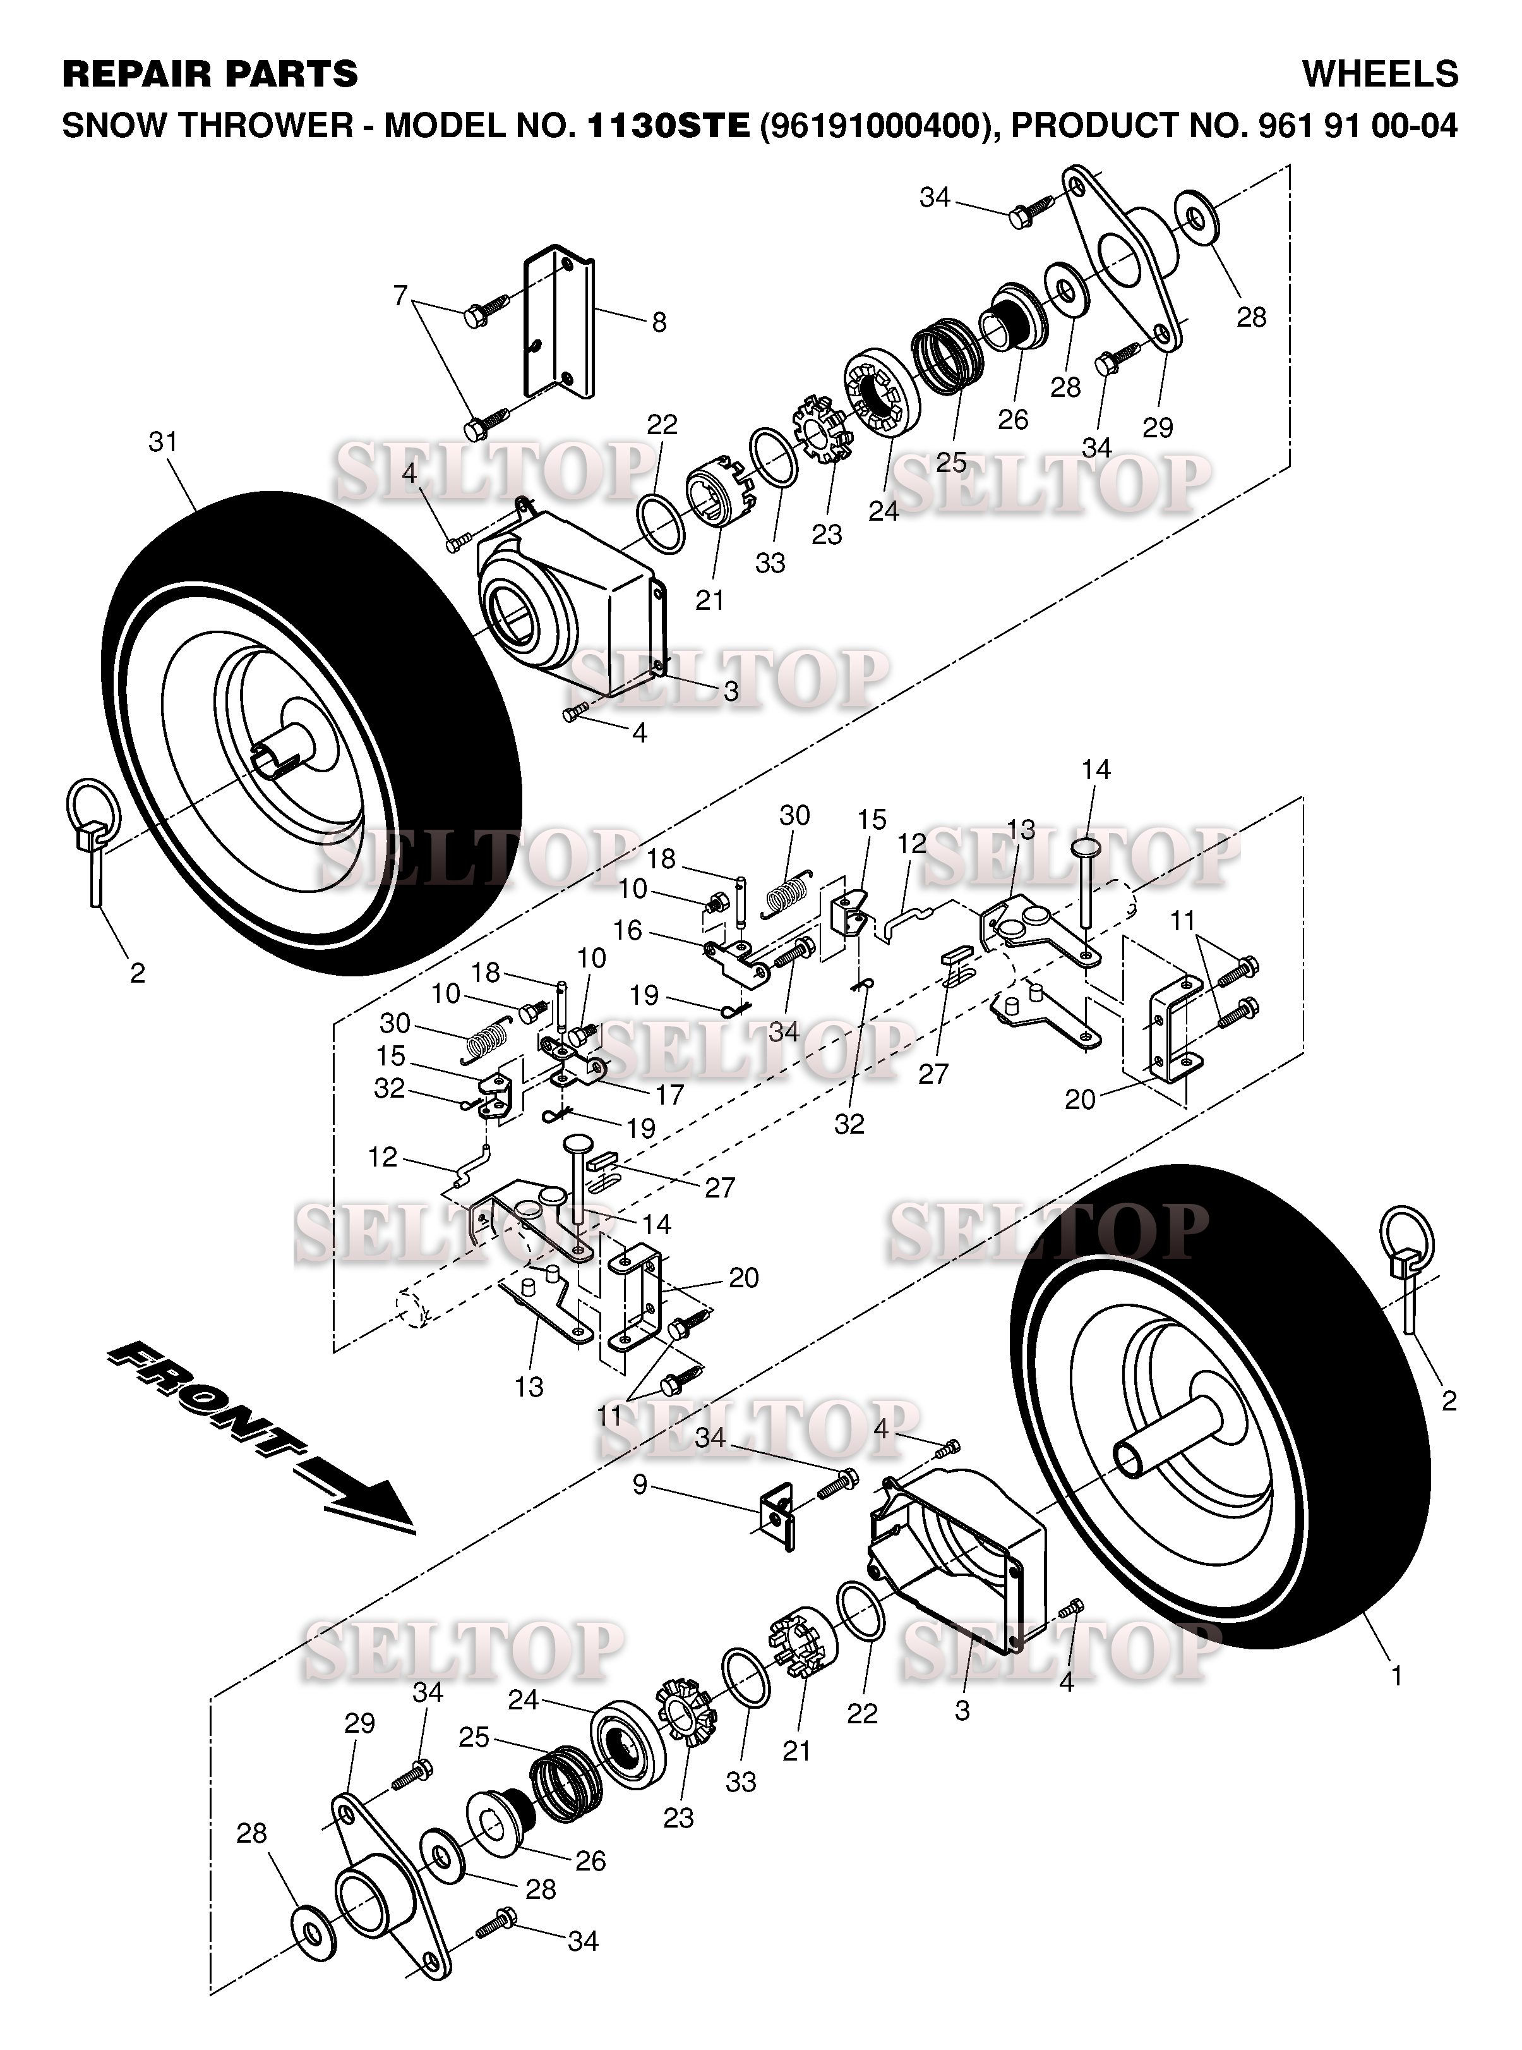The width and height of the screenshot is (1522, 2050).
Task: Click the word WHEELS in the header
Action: point(1379,74)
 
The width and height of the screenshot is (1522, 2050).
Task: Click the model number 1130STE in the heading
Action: point(668,125)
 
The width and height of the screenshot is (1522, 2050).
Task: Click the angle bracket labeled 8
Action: point(558,323)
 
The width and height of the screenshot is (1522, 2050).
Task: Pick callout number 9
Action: point(639,1485)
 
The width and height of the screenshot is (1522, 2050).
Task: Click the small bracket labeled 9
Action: point(776,1516)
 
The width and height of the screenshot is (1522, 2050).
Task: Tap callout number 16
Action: point(627,930)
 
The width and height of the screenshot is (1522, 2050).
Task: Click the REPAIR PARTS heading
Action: point(210,74)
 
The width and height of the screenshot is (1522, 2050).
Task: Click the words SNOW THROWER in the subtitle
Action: point(207,125)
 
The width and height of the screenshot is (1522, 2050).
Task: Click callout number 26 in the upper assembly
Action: point(1012,420)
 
